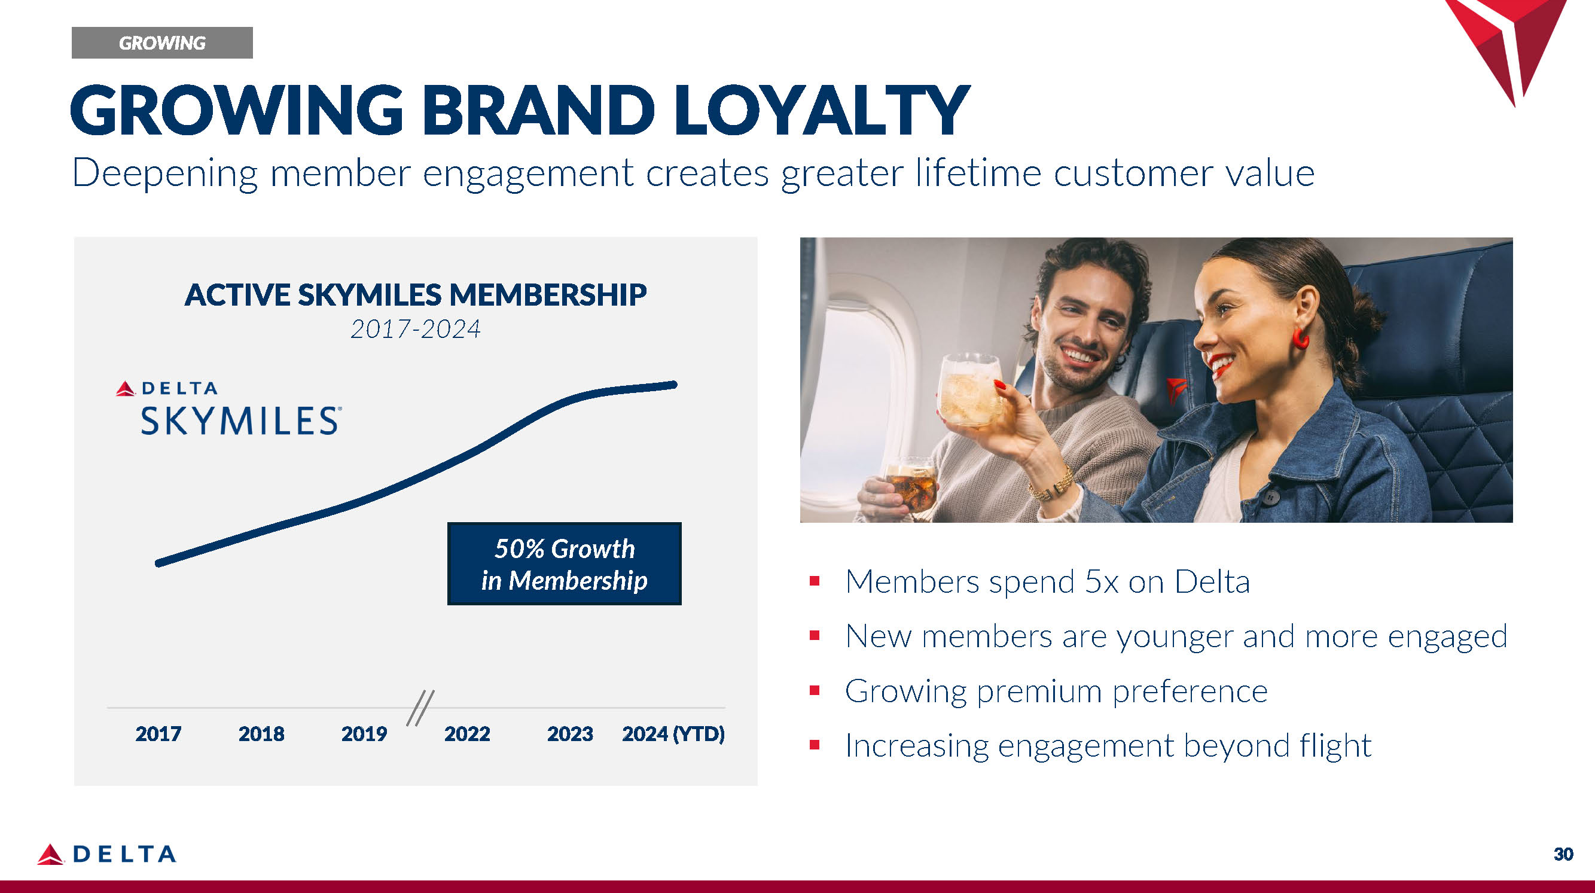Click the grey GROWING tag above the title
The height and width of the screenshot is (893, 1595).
point(162,42)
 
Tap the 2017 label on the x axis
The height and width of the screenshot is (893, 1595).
point(158,734)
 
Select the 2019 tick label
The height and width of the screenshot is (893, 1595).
point(364,734)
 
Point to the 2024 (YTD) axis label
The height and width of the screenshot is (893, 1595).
point(673,734)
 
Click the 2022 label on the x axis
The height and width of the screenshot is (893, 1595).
point(467,734)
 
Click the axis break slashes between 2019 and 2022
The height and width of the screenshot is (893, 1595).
point(420,708)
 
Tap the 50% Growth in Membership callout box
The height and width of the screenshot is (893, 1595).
point(564,563)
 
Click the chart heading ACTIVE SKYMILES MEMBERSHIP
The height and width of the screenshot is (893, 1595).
point(416,295)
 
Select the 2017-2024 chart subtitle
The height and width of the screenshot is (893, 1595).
point(416,330)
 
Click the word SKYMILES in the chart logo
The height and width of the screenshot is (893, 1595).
point(240,421)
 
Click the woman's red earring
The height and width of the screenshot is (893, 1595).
point(1300,339)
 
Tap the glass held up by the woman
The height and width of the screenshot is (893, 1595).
point(969,389)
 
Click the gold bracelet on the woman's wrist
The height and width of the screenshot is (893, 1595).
point(1053,484)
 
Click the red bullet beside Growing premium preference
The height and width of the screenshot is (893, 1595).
point(815,690)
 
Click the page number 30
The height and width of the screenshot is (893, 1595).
point(1563,855)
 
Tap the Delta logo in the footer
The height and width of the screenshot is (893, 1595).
point(106,855)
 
